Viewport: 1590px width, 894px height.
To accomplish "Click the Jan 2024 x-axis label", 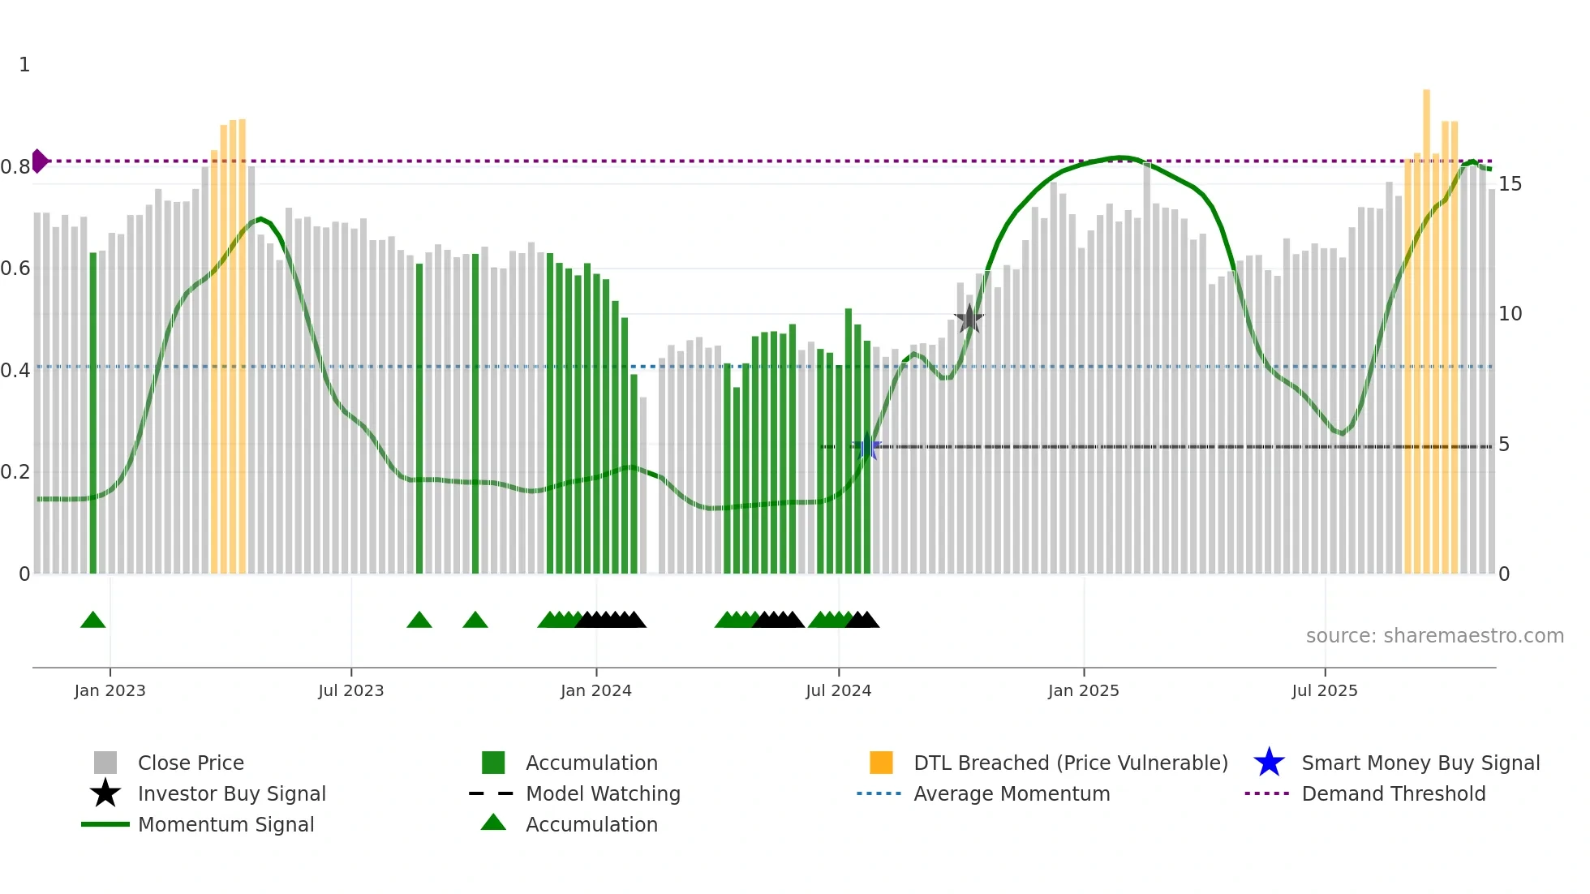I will coord(595,690).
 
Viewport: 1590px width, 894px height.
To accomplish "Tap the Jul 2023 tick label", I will coord(350,690).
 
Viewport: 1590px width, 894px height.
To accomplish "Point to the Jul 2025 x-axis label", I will coord(1324,690).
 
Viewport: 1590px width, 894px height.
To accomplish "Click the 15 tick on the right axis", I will coord(1510,184).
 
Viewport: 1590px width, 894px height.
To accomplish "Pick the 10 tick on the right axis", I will coord(1510,314).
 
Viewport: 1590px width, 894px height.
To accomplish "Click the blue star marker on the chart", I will coord(867,446).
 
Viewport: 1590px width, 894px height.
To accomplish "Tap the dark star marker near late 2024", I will coord(969,319).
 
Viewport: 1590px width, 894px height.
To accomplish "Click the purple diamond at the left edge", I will coord(39,161).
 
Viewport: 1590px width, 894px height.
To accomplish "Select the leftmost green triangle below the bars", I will coord(93,621).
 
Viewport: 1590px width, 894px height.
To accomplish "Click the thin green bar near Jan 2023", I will coord(93,414).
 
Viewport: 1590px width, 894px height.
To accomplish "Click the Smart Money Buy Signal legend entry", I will coord(1420,763).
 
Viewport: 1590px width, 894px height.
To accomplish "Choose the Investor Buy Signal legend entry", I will coord(231,793).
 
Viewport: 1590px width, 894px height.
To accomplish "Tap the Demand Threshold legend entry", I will coord(1393,793).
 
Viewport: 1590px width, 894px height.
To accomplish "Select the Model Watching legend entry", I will coord(602,793).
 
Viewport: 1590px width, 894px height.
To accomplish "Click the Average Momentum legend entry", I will coord(1011,793).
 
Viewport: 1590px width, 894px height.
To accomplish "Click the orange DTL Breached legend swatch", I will coord(881,763).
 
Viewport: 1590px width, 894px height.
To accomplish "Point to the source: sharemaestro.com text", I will coord(1434,635).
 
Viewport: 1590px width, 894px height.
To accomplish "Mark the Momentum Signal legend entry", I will coord(226,824).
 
